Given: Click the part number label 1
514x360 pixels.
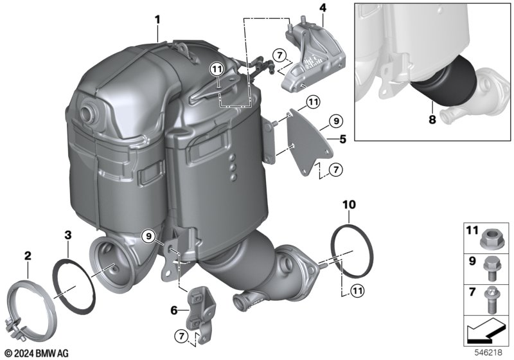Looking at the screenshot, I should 157,20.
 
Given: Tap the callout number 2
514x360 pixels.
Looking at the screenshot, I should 27,256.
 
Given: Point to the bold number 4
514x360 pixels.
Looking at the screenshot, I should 323,8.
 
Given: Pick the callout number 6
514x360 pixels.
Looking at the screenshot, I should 173,310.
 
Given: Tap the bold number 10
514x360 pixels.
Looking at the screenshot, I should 348,205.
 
